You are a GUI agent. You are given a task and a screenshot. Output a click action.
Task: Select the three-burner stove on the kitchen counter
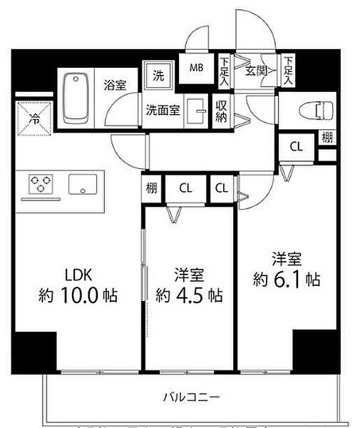[x=41, y=185]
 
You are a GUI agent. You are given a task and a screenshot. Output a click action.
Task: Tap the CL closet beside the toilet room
[x=295, y=147]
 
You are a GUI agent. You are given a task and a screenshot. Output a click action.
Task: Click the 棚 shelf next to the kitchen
[x=153, y=189]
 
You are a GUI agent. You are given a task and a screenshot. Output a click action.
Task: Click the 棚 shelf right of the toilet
[x=326, y=138]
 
